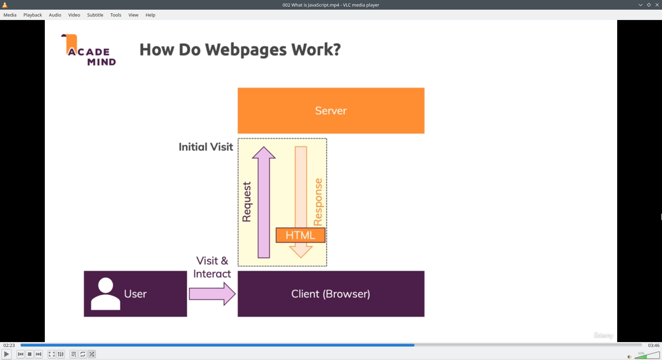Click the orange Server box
pyautogui.click(x=331, y=111)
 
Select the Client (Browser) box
pyautogui.click(x=331, y=294)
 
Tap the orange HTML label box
pyautogui.click(x=300, y=235)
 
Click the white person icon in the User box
pyautogui.click(x=106, y=294)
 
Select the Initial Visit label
pyautogui.click(x=206, y=147)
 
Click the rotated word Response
pyautogui.click(x=318, y=202)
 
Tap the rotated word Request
pyautogui.click(x=247, y=202)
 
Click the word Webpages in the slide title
pyautogui.click(x=246, y=50)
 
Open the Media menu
pyautogui.click(x=10, y=15)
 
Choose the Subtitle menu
pyautogui.click(x=95, y=15)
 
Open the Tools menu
pyautogui.click(x=116, y=15)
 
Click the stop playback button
pyautogui.click(x=30, y=354)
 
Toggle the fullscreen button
pyautogui.click(x=51, y=354)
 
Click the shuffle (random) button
pyautogui.click(x=92, y=354)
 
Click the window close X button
pyautogui.click(x=657, y=5)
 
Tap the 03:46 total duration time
pyautogui.click(x=653, y=345)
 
